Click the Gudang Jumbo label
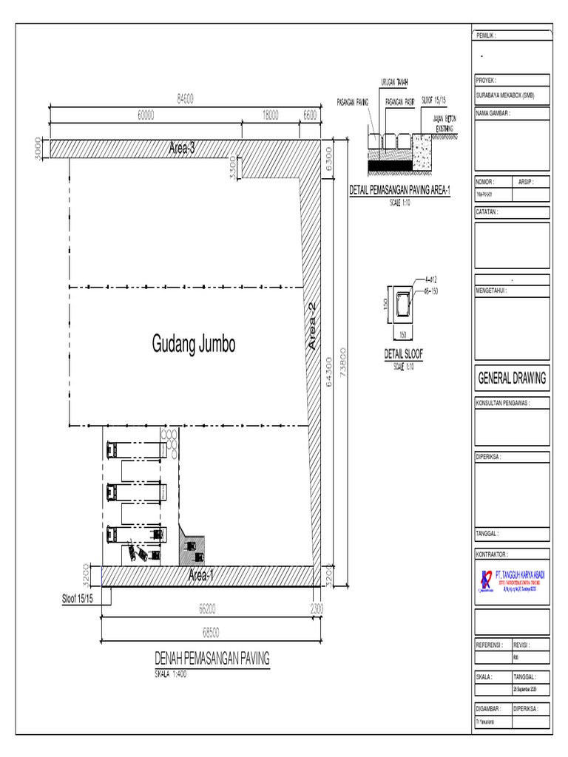coord(194,344)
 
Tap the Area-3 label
coord(181,149)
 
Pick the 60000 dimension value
coord(146,115)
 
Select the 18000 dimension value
coord(271,115)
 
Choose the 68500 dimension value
coord(211,632)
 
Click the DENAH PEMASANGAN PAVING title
coord(212,658)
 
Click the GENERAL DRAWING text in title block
coord(512,378)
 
